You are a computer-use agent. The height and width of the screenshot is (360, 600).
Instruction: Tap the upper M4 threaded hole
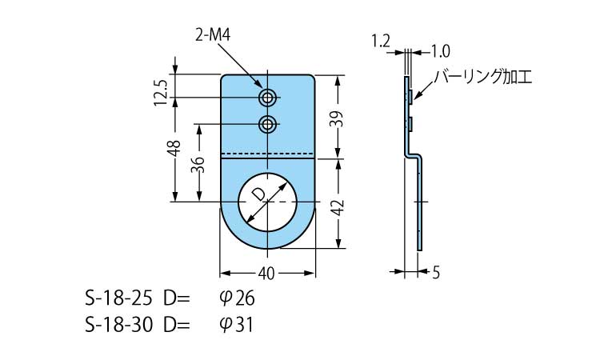[x=268, y=98]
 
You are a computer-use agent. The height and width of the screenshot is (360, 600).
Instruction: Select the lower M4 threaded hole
[x=268, y=124]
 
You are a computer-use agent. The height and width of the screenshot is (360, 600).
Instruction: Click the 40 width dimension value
[x=267, y=273]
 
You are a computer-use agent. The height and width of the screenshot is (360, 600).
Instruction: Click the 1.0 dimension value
[x=439, y=51]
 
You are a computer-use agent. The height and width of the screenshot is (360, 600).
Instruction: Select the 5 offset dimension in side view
[x=435, y=273]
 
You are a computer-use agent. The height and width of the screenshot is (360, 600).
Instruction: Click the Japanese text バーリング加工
[x=482, y=77]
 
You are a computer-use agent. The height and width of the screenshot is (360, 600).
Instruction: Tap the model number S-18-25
[x=114, y=300]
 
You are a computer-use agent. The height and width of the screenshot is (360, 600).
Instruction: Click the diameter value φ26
[x=235, y=300]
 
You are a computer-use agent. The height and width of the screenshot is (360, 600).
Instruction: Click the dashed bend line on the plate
[x=267, y=153]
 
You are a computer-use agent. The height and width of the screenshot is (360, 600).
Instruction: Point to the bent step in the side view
[x=414, y=154]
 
